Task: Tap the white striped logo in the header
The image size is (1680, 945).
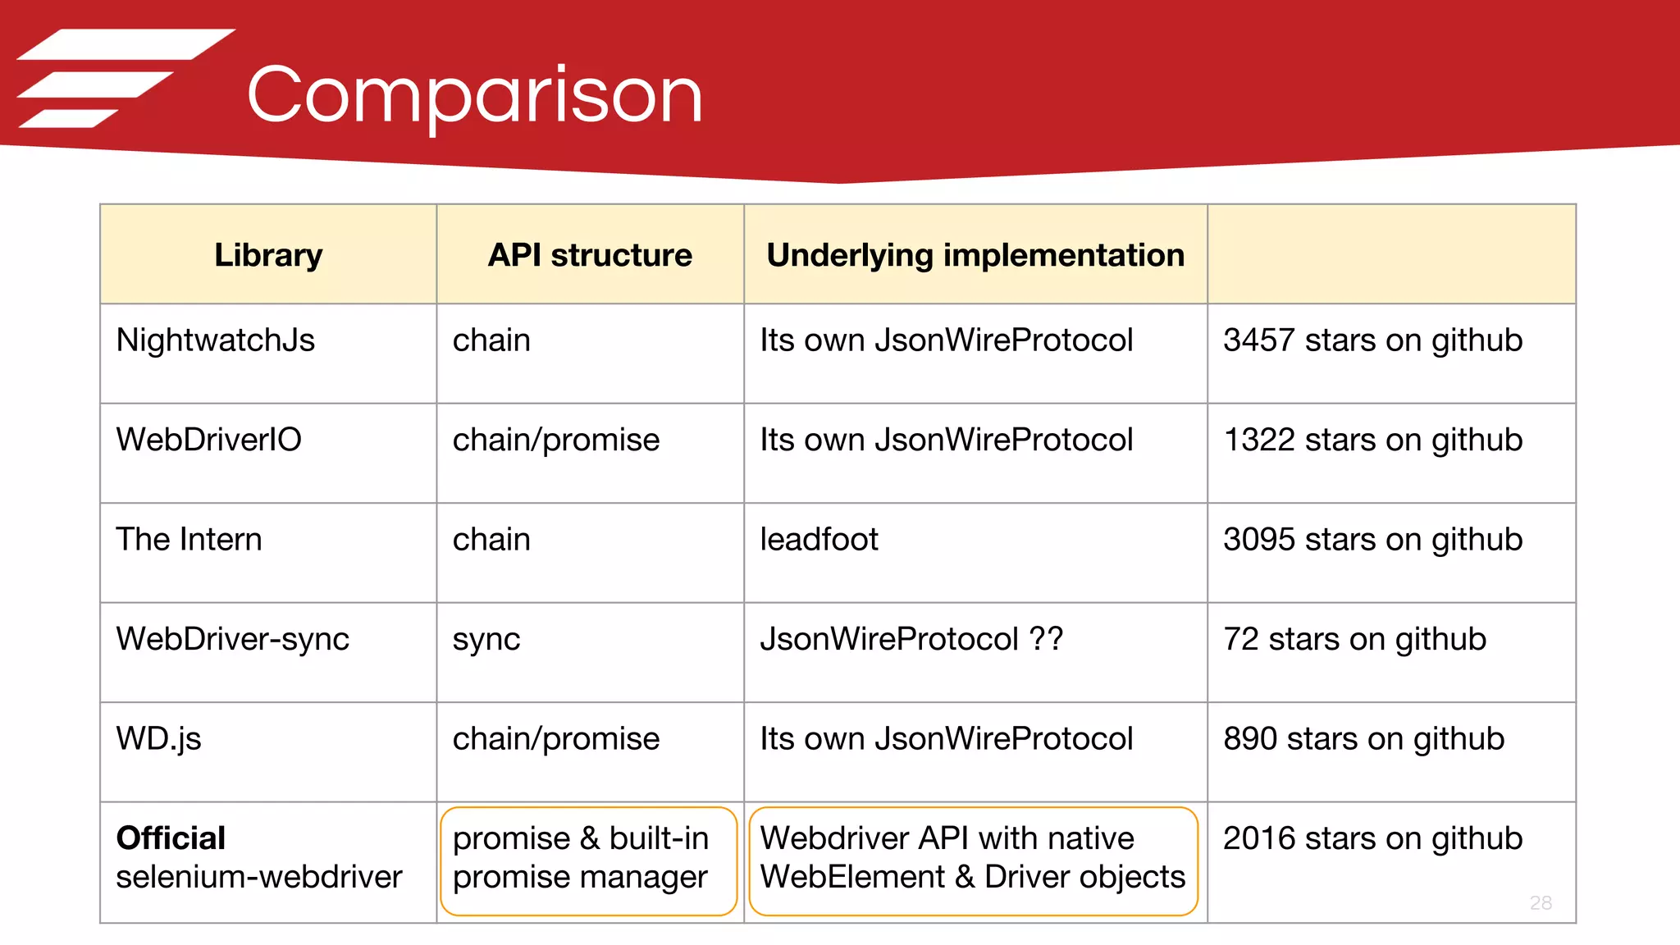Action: click(123, 79)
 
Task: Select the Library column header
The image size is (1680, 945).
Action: click(268, 255)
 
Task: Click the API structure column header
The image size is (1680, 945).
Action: click(590, 255)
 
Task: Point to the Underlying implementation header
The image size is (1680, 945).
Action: click(975, 255)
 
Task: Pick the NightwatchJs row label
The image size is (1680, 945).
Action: click(215, 340)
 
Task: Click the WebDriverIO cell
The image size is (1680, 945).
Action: click(208, 440)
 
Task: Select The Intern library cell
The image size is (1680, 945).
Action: click(189, 540)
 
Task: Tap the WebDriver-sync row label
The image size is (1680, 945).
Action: click(232, 639)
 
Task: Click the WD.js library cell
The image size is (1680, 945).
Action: click(158, 738)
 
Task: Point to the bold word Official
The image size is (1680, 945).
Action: click(171, 838)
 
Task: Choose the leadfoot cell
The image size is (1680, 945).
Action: click(819, 540)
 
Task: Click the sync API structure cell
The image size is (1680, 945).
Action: click(486, 639)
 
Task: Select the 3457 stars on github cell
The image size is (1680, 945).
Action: click(1372, 340)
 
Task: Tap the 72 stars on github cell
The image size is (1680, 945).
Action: click(1354, 639)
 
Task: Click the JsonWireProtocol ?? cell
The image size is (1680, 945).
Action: click(911, 639)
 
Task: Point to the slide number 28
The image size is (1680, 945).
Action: click(1541, 903)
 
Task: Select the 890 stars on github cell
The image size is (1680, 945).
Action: click(1363, 738)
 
